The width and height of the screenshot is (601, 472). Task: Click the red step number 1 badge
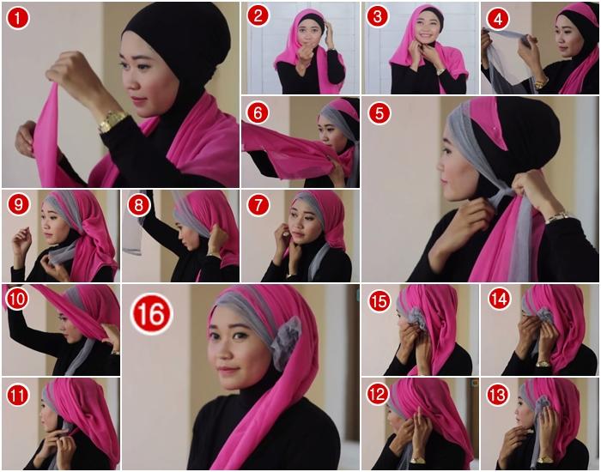18,18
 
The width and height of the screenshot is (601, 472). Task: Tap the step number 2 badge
258,15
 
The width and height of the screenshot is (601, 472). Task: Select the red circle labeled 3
378,15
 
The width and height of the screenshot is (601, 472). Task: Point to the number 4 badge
498,18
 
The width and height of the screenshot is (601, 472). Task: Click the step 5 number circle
379,113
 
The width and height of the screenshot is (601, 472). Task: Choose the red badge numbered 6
258,112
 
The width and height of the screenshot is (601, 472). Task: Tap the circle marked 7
258,205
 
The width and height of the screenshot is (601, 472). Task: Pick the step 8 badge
138,205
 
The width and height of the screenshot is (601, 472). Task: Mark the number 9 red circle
18,205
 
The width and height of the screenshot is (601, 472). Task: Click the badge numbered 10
17,299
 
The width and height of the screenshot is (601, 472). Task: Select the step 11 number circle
18,395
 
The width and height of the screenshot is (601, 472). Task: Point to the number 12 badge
378,394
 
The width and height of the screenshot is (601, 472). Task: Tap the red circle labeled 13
497,395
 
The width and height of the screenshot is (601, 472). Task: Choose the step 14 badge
499,299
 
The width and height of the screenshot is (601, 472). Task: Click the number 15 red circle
379,301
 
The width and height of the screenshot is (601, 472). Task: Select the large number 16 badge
151,314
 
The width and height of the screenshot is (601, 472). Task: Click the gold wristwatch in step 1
112,121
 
